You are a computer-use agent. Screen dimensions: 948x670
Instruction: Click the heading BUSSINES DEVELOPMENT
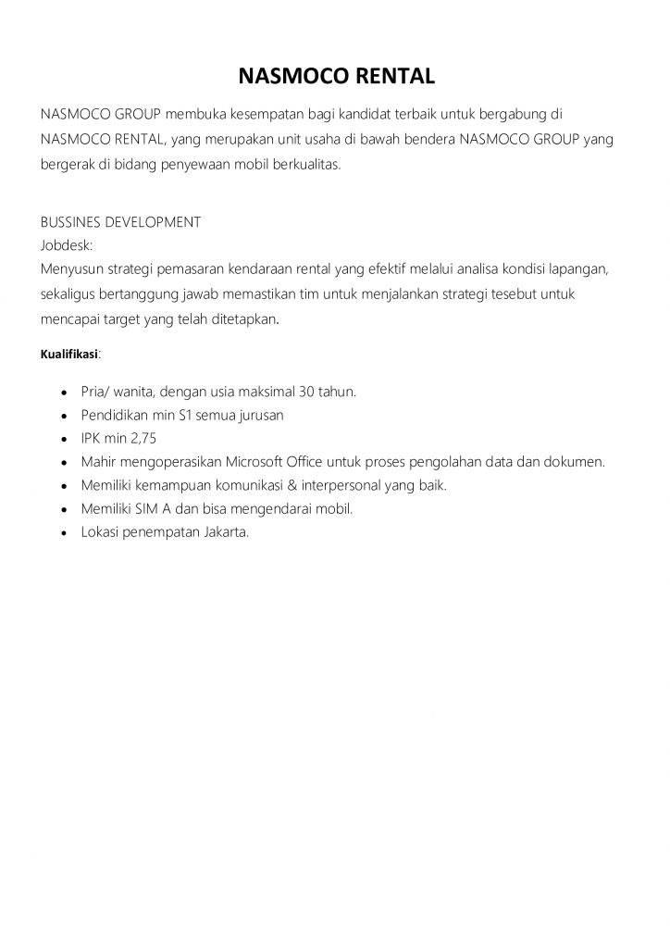120,222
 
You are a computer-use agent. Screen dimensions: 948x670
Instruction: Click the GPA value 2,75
143,439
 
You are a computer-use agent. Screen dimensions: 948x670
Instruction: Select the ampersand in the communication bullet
292,486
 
